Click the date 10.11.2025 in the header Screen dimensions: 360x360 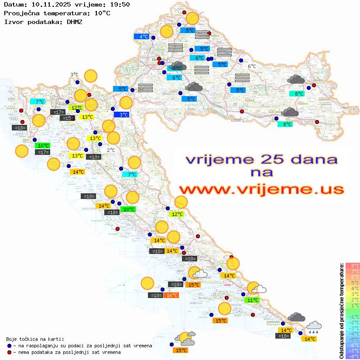tap(48, 4)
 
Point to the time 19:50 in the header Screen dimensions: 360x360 tap(120, 4)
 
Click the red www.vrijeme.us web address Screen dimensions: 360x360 tap(261, 189)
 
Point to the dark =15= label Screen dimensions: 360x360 tap(67, 118)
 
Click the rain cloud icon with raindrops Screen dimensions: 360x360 tap(314, 328)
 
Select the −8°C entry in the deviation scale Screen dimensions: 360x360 tap(352, 357)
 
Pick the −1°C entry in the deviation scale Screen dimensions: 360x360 tap(352, 317)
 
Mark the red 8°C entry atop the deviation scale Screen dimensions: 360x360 tap(352, 265)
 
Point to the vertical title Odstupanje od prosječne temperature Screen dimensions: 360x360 tap(341, 311)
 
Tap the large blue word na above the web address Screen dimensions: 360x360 tap(261, 172)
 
